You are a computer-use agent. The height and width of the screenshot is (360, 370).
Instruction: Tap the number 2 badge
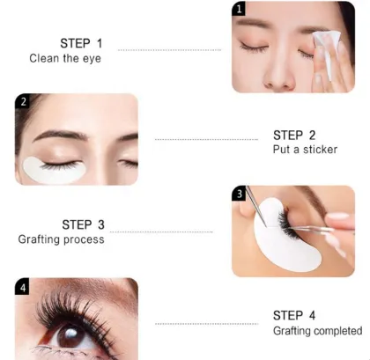pos(23,101)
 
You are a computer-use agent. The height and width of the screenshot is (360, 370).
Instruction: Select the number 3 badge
pos(240,194)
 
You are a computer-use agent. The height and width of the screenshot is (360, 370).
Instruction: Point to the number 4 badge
pos(23,286)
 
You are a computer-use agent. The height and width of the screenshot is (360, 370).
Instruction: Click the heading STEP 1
pos(81,43)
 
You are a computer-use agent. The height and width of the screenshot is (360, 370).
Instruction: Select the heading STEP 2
pos(294,135)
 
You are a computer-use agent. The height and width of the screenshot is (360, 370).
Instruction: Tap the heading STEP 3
pos(83,224)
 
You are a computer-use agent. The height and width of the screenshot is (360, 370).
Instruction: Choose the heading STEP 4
pos(294,315)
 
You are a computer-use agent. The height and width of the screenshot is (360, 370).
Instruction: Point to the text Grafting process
pos(61,239)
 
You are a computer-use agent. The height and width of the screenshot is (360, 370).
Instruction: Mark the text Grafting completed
pos(317,331)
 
